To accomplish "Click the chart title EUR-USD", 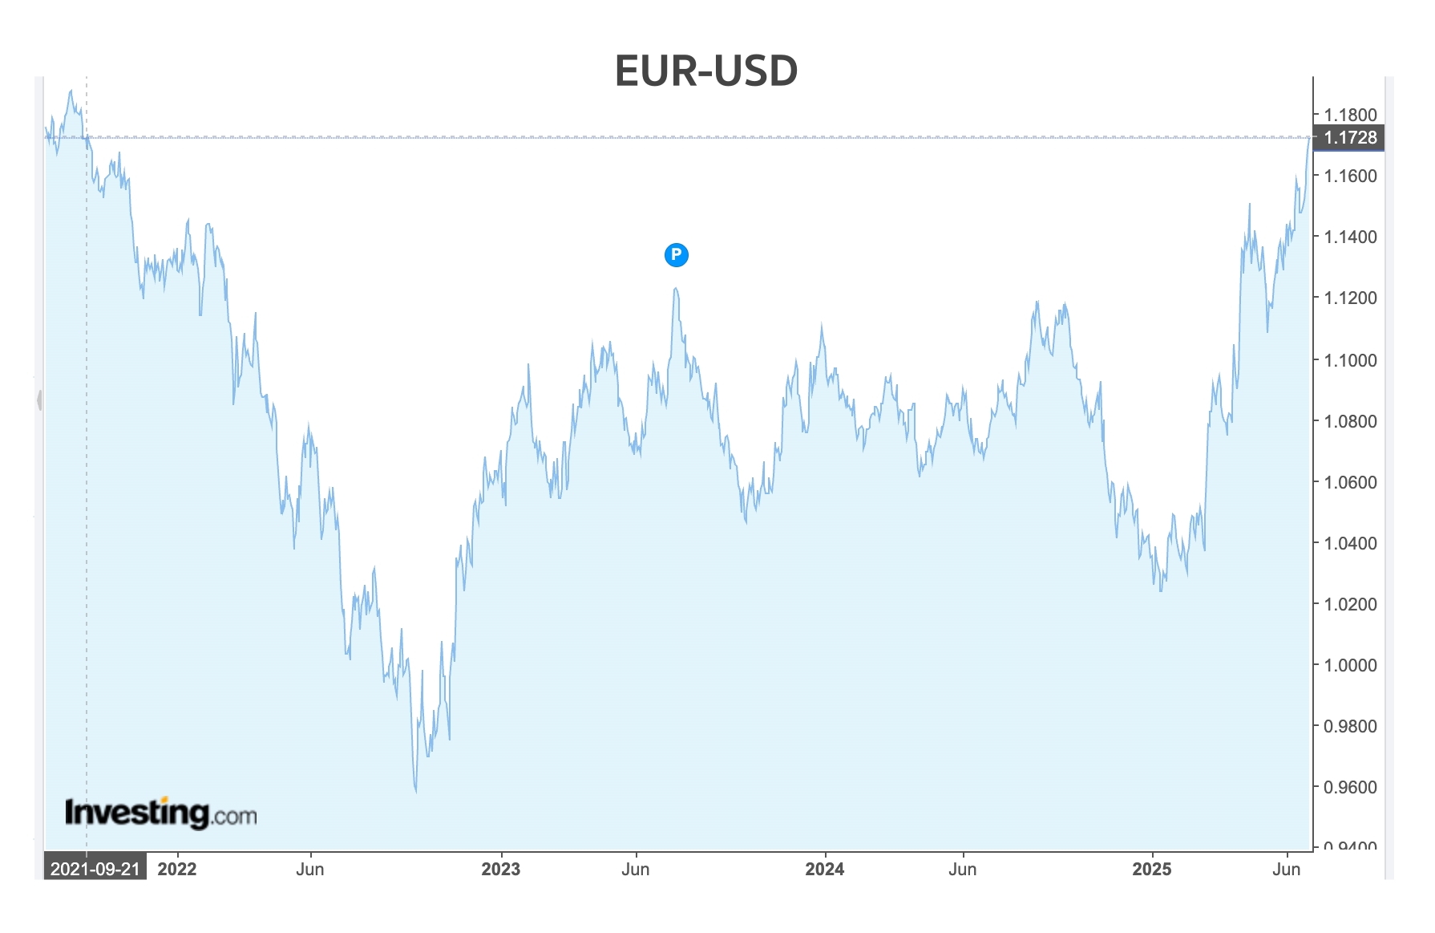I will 705,71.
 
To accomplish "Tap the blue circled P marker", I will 677,255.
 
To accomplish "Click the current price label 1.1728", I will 1350,138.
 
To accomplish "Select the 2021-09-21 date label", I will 95,869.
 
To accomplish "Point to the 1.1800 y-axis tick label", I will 1350,115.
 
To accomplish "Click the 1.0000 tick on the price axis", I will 1350,665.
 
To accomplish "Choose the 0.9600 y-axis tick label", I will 1350,787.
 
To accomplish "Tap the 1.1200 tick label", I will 1350,298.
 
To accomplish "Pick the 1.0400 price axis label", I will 1350,543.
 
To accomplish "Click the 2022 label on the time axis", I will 177,869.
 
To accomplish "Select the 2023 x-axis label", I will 501,869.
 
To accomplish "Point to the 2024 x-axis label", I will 825,869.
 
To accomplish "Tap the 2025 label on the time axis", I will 1152,869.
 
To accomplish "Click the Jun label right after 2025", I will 1287,869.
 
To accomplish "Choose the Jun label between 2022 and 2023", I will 310,869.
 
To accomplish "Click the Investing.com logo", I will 160,813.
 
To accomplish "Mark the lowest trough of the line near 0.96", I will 416,791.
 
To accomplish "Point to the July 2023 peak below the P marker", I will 676,289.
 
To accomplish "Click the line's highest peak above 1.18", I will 71,91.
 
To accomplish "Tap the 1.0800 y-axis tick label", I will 1350,421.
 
